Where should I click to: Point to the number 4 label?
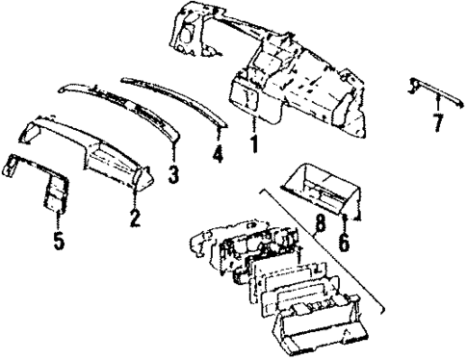pyautogui.click(x=218, y=152)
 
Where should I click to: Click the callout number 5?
pyautogui.click(x=59, y=240)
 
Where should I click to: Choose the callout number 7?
pyautogui.click(x=437, y=121)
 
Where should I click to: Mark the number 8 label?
pyautogui.click(x=319, y=229)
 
